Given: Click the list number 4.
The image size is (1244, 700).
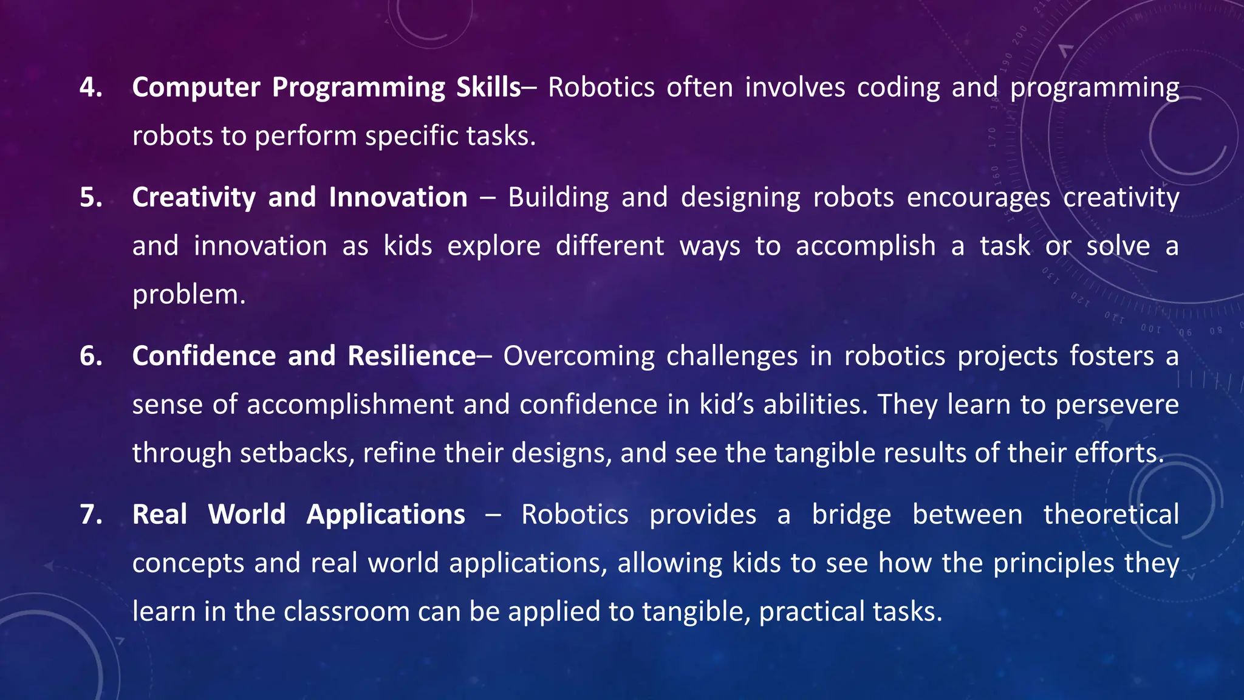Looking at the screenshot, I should pos(91,87).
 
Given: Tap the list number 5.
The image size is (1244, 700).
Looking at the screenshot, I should pos(91,197).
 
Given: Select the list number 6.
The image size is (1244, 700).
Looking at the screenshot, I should pos(91,356).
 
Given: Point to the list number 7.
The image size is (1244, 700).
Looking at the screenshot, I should pos(91,515).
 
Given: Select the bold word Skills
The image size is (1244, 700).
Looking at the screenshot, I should pos(488,87).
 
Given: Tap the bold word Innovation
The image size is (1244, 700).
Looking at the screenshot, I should pos(398,197).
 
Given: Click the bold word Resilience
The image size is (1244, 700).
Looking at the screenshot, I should pos(411,356).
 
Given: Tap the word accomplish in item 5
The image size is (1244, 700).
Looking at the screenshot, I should pos(866,247).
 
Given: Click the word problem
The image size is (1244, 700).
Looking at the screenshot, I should pos(188,295).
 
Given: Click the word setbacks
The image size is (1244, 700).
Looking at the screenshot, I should pos(297,453).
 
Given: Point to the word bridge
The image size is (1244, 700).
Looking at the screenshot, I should pos(851,515).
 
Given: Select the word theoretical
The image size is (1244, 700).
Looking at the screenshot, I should pos(1111,515).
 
